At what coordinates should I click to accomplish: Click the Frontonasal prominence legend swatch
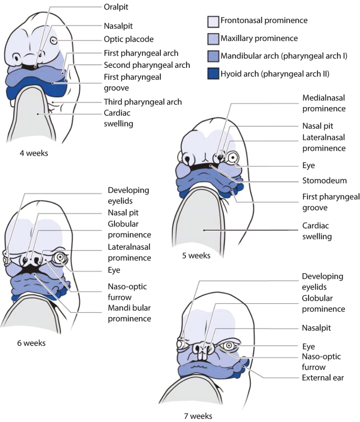coord(213,21)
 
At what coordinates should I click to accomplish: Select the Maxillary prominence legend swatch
coord(213,38)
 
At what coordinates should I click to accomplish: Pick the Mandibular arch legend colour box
coord(213,56)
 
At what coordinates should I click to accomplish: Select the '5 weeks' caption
coord(196,256)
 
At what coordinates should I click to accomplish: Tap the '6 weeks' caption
coord(31,343)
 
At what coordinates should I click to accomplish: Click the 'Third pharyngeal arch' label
coord(142,101)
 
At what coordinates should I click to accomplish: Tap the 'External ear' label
coord(323,378)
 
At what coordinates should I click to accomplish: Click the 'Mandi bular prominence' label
coord(129,314)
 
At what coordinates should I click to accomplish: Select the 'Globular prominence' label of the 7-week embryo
coord(323,304)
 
